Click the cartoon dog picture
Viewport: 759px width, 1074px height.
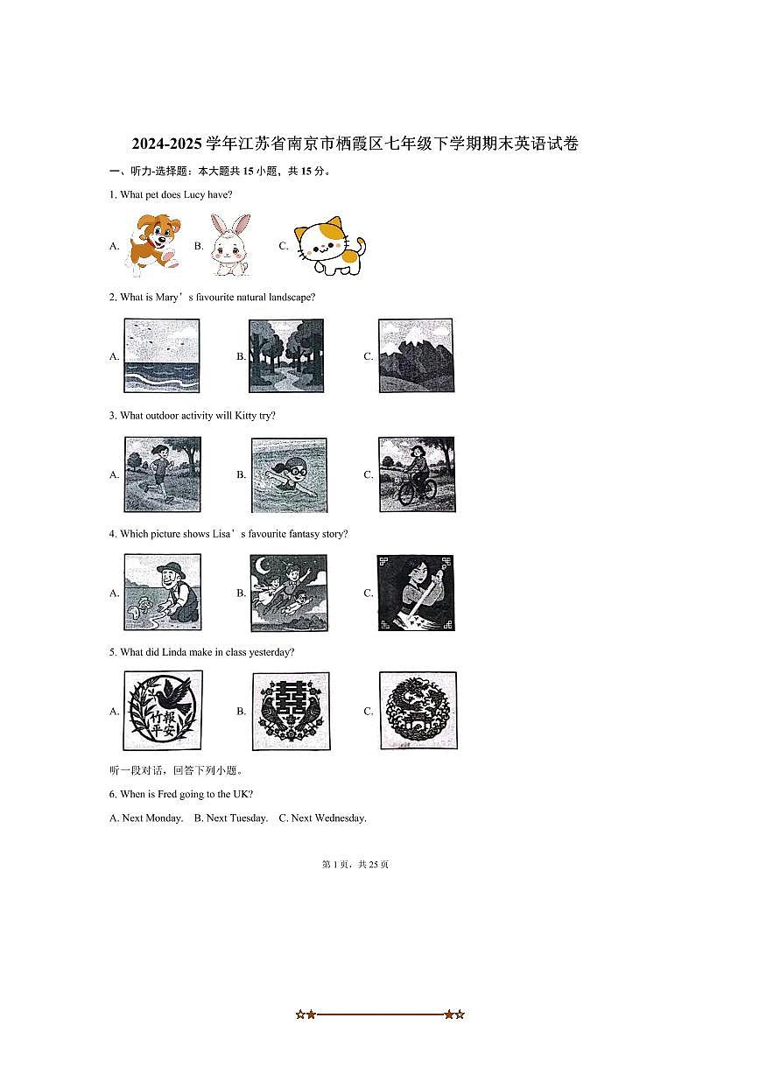154,244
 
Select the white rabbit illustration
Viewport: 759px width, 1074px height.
230,244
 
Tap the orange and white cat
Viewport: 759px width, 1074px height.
330,245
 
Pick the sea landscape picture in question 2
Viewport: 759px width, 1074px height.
162,355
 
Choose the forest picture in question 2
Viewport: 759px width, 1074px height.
286,355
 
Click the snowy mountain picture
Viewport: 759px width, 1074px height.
416,355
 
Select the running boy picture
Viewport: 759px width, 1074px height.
163,474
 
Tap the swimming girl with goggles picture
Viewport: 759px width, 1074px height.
289,474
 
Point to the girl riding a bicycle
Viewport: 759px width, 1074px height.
417,474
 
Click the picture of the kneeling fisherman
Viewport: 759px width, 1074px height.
163,592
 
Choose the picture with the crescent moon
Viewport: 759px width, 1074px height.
289,593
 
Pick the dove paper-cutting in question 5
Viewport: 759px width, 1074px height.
163,710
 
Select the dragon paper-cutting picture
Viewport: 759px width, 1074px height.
418,711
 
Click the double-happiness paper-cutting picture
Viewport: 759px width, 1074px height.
291,711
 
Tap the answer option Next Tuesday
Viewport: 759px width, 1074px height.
231,818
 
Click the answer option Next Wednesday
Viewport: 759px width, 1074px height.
323,818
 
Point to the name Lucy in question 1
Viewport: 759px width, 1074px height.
194,194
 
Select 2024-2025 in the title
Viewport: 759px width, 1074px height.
167,144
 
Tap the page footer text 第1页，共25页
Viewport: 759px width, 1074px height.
355,865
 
